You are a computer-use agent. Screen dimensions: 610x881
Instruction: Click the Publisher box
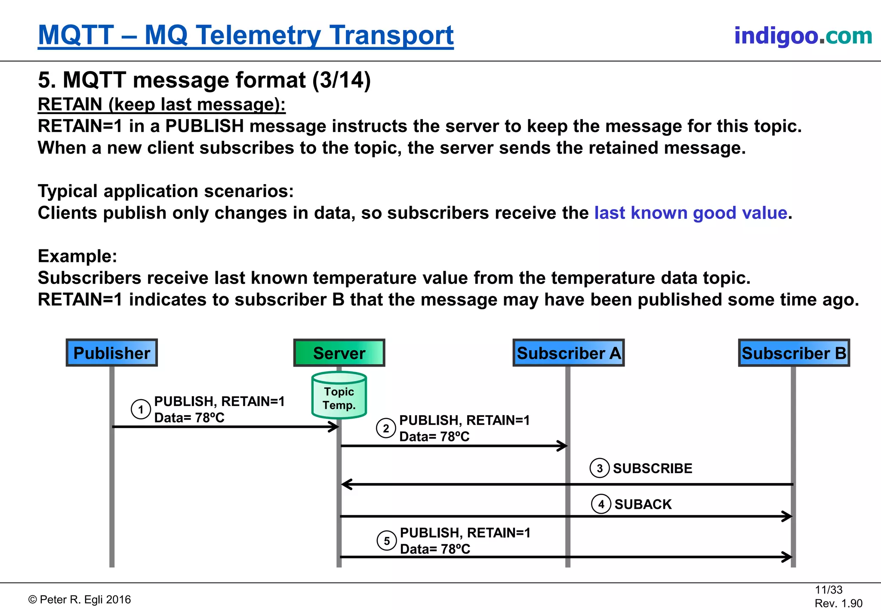[x=112, y=353]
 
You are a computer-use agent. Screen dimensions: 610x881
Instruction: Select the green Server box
[x=339, y=353]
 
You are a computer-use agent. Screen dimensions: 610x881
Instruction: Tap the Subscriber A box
[x=568, y=353]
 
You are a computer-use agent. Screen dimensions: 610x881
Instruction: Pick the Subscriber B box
[x=794, y=353]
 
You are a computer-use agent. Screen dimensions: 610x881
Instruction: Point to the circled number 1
[x=141, y=409]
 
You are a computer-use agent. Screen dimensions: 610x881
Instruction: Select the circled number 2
[x=386, y=428]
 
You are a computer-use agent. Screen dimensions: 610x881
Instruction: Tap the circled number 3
[x=600, y=468]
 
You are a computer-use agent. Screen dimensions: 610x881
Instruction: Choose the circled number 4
[x=601, y=504]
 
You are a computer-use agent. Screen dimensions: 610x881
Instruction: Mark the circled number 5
[x=387, y=541]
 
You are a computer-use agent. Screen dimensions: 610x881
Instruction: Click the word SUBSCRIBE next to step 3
[x=652, y=468]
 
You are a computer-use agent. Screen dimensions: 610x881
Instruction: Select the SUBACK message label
[x=643, y=504]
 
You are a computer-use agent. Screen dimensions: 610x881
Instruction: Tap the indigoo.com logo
[x=803, y=35]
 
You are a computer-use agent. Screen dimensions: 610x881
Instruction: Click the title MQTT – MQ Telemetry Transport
[x=246, y=35]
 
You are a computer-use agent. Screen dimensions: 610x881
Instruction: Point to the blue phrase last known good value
[x=691, y=213]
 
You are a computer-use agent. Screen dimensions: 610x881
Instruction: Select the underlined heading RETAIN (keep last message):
[x=161, y=105]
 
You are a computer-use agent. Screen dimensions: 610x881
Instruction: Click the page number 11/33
[x=829, y=590]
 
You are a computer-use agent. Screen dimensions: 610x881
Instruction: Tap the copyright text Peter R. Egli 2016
[x=80, y=600]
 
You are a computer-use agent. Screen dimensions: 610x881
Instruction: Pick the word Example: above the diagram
[x=77, y=256]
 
